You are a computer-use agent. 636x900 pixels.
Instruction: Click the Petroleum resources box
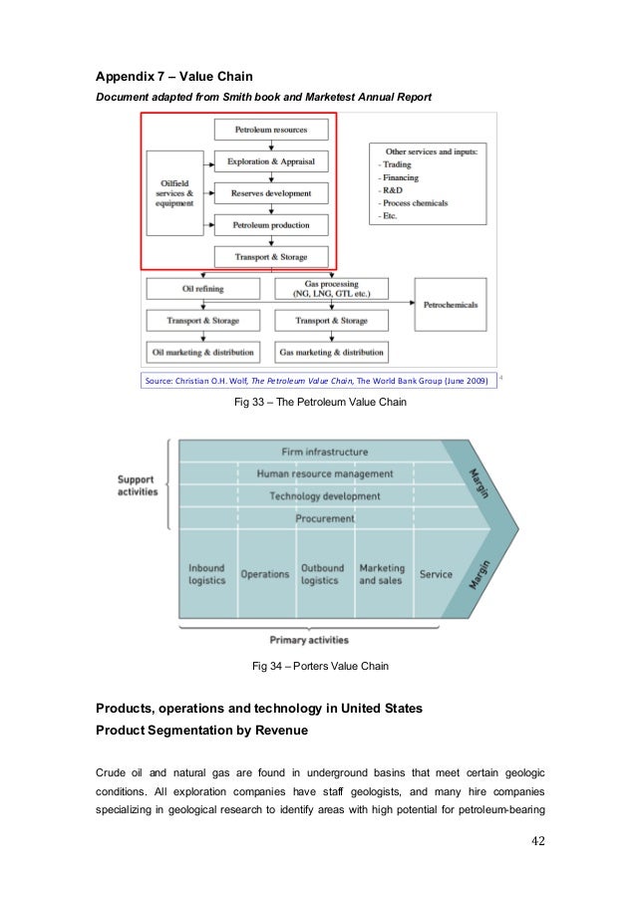(270, 130)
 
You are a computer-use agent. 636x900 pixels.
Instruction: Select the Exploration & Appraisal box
(270, 161)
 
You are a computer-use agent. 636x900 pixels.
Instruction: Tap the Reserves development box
(270, 193)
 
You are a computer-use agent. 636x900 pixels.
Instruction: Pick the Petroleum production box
(270, 225)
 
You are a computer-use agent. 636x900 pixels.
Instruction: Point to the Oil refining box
(202, 289)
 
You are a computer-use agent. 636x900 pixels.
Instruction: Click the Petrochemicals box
(451, 304)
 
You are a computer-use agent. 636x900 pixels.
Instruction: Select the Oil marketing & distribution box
(202, 352)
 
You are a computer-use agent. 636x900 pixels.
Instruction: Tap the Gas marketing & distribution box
(331, 352)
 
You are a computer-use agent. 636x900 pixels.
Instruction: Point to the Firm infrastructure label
(325, 451)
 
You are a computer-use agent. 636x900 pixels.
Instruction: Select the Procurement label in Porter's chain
(325, 518)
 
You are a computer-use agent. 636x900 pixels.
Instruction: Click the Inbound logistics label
(206, 574)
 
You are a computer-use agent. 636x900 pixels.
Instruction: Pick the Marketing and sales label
(382, 574)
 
